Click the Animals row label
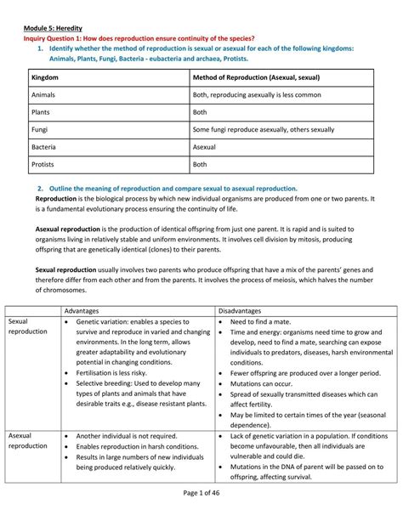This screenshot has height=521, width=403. [43, 95]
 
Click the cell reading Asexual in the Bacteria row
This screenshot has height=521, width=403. [207, 147]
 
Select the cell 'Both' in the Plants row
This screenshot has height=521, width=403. [201, 112]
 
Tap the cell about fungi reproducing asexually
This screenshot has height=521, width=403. [264, 129]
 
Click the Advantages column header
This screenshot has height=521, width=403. [87, 310]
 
